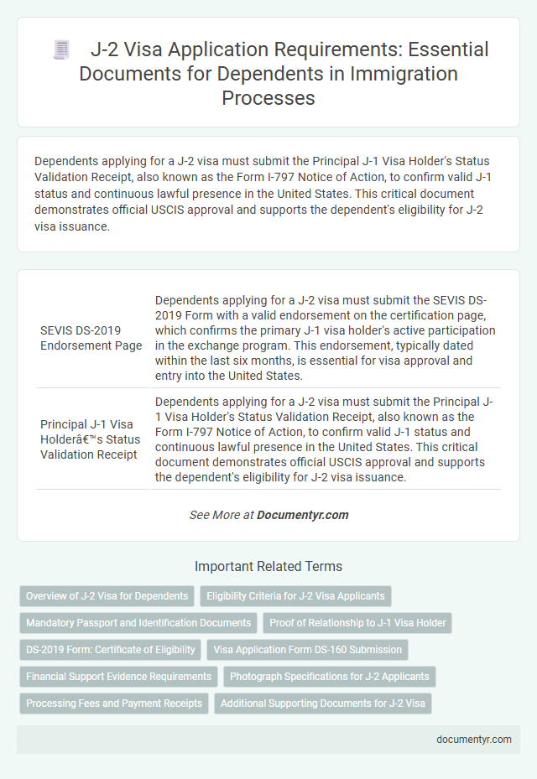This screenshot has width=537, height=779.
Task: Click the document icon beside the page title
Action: click(61, 49)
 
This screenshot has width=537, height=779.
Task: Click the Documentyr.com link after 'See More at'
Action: click(303, 515)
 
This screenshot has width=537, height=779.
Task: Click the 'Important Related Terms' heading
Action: click(268, 566)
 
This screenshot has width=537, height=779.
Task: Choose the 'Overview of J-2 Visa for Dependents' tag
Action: click(107, 596)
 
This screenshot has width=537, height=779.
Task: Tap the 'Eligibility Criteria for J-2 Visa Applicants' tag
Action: click(296, 596)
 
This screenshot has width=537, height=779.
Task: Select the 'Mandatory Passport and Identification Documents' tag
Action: click(138, 622)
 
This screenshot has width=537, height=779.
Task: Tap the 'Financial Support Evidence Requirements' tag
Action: click(118, 676)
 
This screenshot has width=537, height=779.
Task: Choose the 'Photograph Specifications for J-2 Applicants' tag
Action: click(329, 676)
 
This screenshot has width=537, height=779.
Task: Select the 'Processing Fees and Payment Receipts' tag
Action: click(113, 703)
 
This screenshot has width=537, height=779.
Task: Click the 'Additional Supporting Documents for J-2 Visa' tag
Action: click(322, 703)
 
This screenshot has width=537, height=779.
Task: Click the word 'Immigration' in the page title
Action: click(408, 73)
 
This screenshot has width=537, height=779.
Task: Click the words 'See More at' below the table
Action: click(222, 515)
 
